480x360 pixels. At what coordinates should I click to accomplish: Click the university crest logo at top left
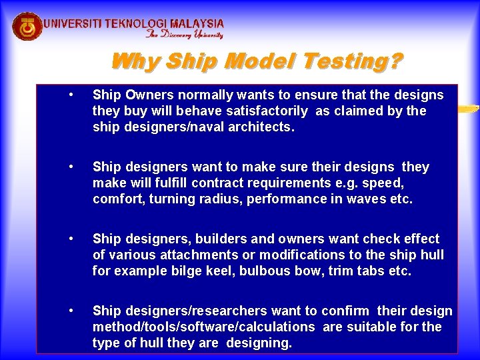click(x=27, y=26)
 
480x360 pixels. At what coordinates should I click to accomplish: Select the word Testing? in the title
click(x=352, y=62)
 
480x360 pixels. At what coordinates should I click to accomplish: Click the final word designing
click(x=259, y=343)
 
